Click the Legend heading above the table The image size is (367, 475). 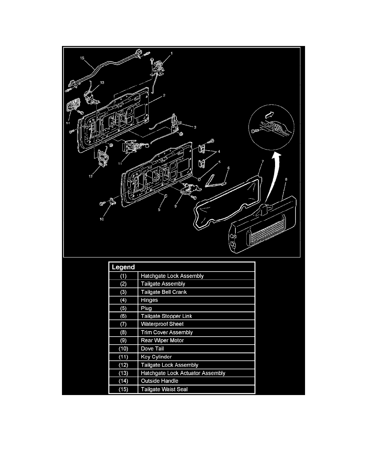pos(123,267)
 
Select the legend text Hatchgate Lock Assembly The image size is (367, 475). pos(172,276)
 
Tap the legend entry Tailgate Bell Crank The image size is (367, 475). pos(164,292)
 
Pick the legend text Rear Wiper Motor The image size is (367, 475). pos(162,341)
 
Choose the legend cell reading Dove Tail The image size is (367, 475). pos(152,349)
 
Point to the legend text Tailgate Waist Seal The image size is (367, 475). pos(164,389)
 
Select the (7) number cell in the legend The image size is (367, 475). pos(123,324)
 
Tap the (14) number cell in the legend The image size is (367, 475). pos(123,381)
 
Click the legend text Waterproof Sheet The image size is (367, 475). pos(162,324)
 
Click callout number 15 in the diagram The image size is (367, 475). pos(82,58)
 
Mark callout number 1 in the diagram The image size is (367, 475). pos(172,53)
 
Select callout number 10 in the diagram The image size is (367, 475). pos(102,219)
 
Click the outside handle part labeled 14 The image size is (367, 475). pos(72,109)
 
